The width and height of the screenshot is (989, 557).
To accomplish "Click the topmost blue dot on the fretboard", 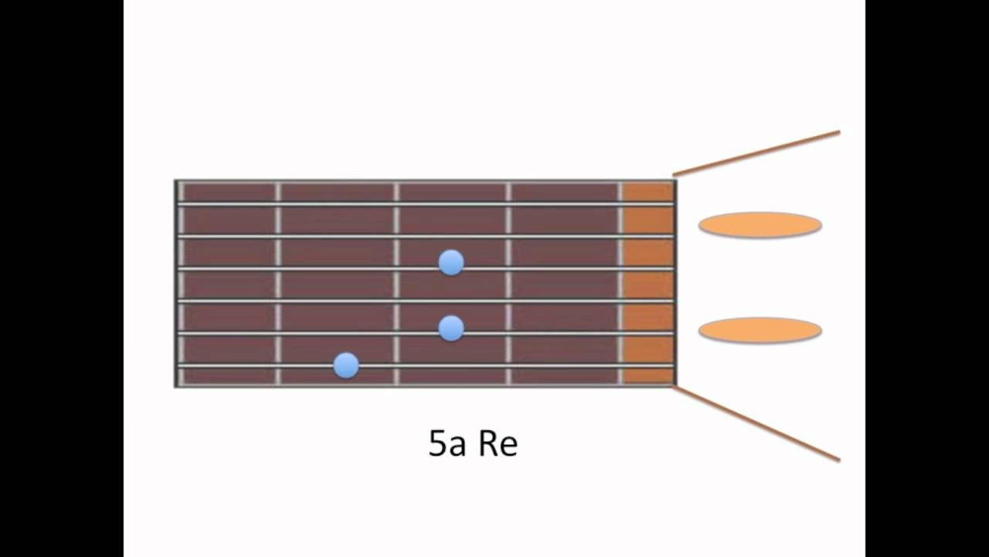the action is (451, 262).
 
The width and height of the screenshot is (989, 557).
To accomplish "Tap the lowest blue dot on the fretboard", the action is (346, 366).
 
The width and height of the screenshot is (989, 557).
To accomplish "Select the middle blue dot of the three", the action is (451, 329).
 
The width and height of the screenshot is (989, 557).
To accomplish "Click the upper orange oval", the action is (760, 225).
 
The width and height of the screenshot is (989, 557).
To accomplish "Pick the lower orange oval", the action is (760, 330).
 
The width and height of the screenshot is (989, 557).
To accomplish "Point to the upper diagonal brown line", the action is (756, 153).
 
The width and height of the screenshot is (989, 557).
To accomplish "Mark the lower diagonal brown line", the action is (756, 424).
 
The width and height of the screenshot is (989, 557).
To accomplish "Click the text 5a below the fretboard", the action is (447, 443).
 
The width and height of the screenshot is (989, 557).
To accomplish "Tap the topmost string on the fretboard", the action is (425, 204).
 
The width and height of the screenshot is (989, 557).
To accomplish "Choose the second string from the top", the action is (425, 237).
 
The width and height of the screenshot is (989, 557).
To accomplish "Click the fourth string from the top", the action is (425, 302).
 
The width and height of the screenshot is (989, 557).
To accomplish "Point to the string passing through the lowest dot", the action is (425, 366).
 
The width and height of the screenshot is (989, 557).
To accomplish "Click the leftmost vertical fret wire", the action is (181, 283).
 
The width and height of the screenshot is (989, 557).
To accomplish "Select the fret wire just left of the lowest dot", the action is (277, 283).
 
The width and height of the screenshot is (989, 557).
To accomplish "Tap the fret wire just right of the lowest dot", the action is (396, 283).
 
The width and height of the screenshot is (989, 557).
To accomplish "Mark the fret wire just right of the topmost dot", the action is (508, 283).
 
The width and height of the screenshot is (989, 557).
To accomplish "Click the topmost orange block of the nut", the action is (648, 193).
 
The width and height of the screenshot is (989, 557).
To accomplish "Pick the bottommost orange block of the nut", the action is (648, 376).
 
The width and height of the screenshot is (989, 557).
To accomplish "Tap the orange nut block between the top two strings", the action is (648, 220).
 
